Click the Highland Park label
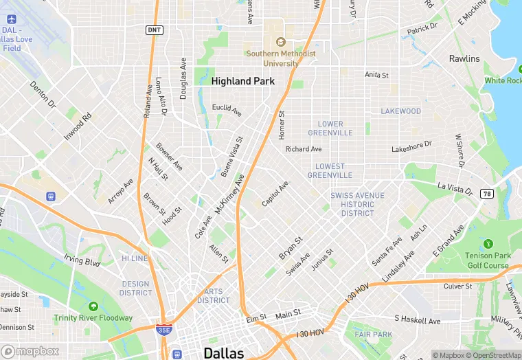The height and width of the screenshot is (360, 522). pos(242,81)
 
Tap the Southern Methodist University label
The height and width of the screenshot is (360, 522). pos(282,58)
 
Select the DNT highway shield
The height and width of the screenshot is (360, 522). pos(154,30)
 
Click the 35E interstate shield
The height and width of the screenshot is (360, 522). pos(163,330)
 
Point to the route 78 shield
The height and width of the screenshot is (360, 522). pos(486,194)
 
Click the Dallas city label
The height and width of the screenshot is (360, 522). pos(223,353)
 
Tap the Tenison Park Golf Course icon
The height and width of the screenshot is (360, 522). pos(488,244)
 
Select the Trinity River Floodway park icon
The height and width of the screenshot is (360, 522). pos(93,306)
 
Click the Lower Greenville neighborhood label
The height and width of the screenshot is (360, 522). pos(330,128)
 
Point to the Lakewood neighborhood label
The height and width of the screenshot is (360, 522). pos(400,111)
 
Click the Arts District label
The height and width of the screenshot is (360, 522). pos(214,296)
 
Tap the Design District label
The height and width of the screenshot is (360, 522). pos(135,289)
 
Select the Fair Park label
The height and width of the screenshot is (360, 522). pos(373,335)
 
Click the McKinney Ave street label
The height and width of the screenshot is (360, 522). pos(229,194)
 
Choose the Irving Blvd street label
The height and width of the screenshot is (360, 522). pos(82,261)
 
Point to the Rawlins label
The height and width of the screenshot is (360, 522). pos(464,59)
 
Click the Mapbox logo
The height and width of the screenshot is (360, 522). pos(30,351)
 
